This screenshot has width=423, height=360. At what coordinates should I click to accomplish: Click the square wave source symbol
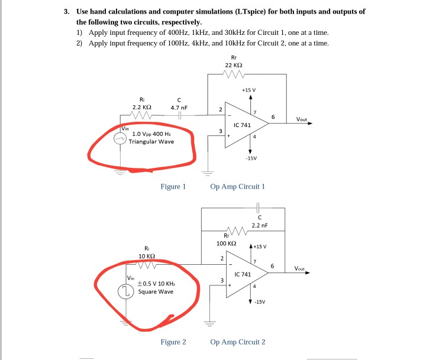(x=125, y=290)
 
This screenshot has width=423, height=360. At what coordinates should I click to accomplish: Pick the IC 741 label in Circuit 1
(x=243, y=126)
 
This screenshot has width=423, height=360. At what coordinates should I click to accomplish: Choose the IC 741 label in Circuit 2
(x=243, y=275)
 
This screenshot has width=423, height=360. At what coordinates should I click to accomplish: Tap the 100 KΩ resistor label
(x=226, y=244)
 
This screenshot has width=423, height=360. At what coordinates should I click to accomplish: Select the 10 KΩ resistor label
(x=146, y=255)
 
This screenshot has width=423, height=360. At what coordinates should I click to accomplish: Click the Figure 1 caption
(x=173, y=187)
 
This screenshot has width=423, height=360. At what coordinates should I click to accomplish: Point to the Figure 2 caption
(x=173, y=342)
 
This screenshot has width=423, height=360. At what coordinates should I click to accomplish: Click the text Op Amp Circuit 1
(x=238, y=187)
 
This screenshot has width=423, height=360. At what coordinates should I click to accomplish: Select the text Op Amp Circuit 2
(x=238, y=342)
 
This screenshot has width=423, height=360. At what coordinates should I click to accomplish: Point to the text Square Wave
(x=157, y=291)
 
